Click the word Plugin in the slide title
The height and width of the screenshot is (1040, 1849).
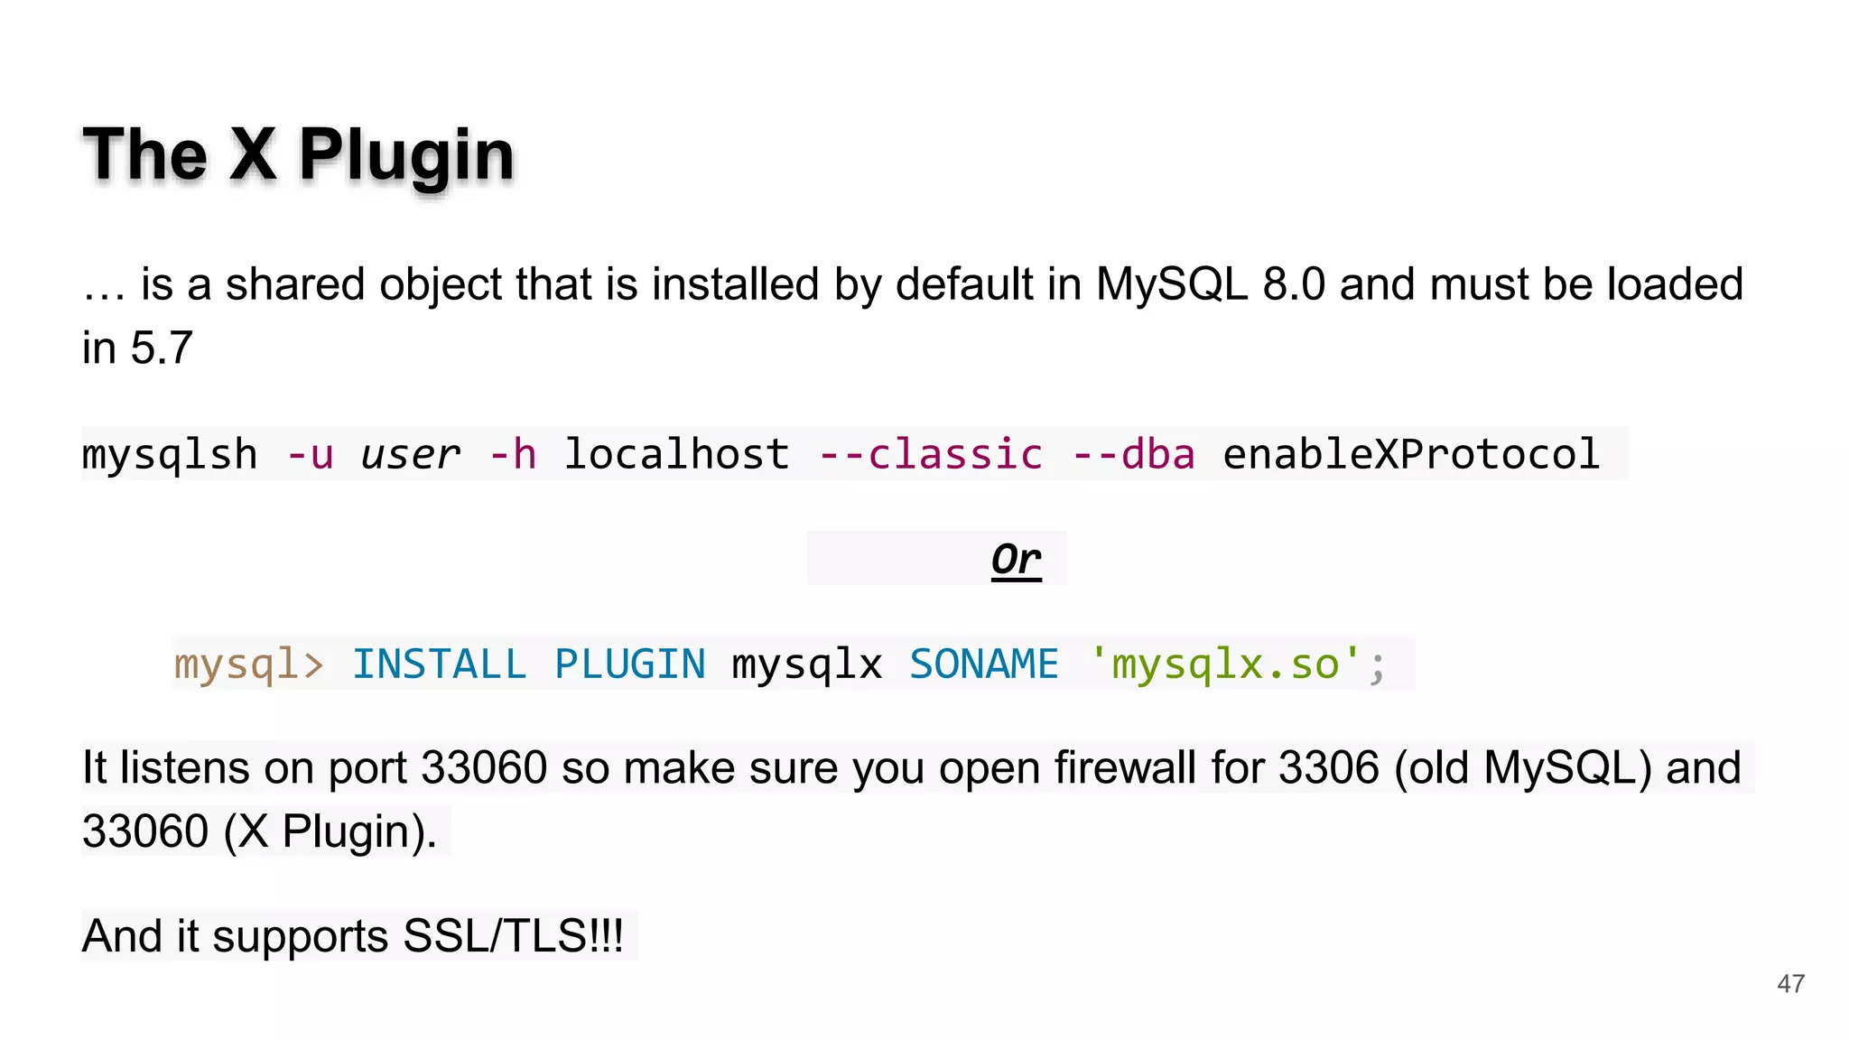[406, 155]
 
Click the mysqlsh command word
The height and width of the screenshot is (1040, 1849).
[170, 454]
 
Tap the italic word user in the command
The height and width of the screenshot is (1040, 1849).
[410, 454]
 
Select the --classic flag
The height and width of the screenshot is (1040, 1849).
[931, 454]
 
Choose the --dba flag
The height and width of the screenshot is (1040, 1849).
[1134, 454]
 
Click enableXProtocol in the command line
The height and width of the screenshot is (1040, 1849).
[1411, 454]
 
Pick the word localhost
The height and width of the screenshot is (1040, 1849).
[676, 454]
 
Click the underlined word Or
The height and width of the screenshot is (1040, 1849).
[1016, 560]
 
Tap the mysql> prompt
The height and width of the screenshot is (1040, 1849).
[248, 665]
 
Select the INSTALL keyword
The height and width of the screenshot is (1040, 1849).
[439, 665]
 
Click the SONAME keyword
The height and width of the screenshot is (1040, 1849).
[983, 665]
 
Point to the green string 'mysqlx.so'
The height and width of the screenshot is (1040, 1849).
[1225, 665]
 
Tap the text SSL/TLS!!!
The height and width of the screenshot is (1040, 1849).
[513, 936]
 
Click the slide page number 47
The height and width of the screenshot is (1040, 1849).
[1790, 984]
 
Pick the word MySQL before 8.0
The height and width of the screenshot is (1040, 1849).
[1171, 284]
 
